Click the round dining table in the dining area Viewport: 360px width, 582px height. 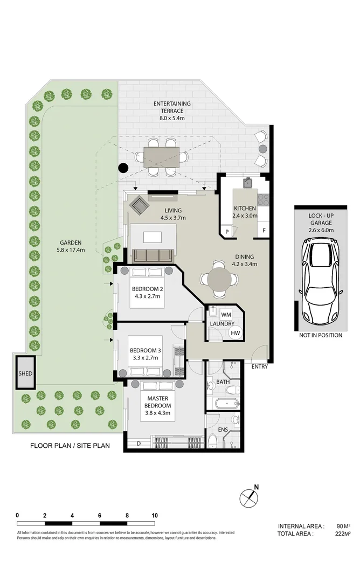tap(219, 279)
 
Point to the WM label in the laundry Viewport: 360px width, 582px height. tap(226, 314)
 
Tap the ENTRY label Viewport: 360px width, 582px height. tap(260, 367)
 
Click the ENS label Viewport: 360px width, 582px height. tap(223, 429)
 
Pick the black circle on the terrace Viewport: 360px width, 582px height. tap(123, 168)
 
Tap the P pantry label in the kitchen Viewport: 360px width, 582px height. tap(227, 231)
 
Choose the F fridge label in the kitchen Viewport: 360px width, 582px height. tap(264, 231)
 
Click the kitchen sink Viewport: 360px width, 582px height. tap(248, 182)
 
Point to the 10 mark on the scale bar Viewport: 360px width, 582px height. tap(155, 515)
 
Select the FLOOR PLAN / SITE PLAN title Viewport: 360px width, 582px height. tap(70, 446)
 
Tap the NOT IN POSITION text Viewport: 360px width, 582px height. tap(320, 335)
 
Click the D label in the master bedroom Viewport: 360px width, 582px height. tap(139, 444)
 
